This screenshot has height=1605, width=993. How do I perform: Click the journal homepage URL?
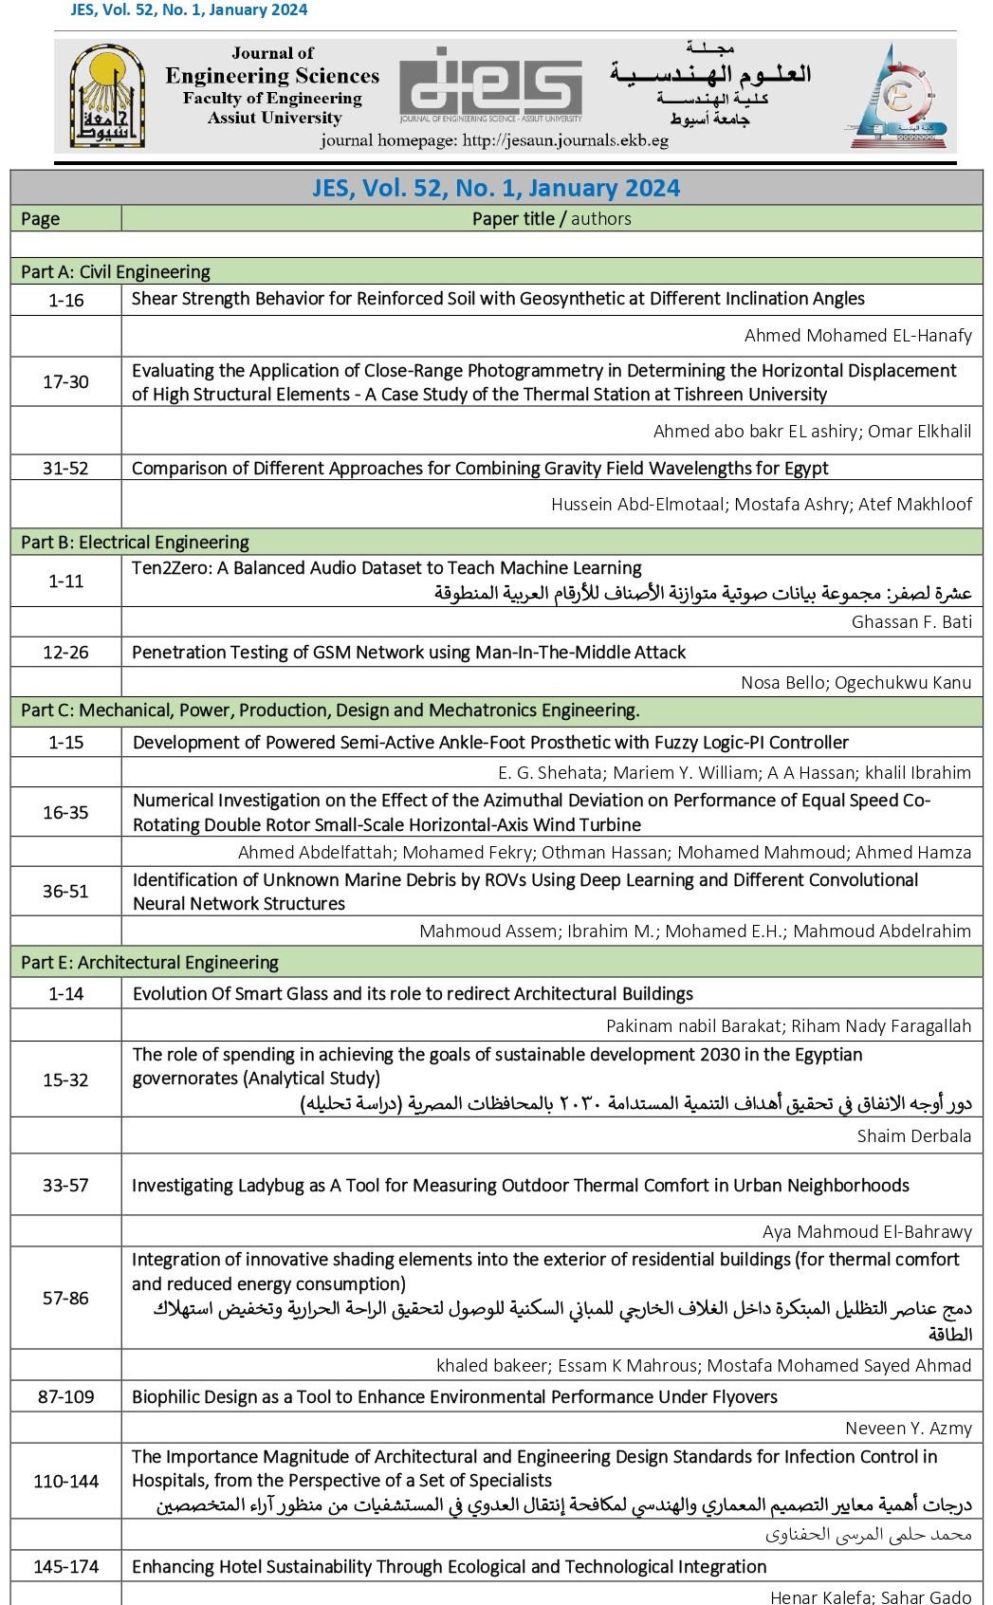click(494, 140)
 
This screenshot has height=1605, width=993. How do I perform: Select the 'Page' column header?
click(41, 219)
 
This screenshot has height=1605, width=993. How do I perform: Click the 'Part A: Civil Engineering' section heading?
click(116, 272)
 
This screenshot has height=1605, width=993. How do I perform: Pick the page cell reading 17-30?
click(65, 381)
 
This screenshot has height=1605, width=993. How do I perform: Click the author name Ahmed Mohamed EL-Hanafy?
click(857, 336)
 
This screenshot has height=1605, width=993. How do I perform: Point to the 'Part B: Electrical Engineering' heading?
click(135, 543)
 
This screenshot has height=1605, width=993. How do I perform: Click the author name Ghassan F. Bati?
click(911, 622)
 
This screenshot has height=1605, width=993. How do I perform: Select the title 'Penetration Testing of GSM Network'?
click(409, 653)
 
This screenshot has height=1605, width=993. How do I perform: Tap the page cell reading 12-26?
click(65, 653)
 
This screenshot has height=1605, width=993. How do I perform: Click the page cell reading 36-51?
click(65, 891)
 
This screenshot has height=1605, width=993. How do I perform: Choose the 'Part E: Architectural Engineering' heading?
click(150, 963)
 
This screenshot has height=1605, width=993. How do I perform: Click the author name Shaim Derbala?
click(914, 1135)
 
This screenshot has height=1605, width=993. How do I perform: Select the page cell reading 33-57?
click(65, 1185)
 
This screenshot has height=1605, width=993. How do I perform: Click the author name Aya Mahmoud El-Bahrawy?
click(867, 1232)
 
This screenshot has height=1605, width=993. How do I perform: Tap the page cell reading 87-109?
click(65, 1396)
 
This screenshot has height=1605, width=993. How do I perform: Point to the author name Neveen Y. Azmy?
click(909, 1429)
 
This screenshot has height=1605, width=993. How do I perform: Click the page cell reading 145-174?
click(65, 1566)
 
